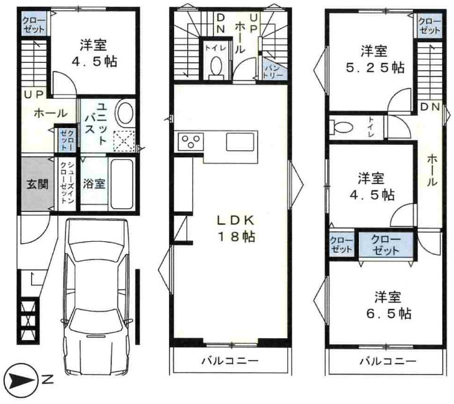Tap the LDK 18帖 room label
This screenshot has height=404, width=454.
coord(236,229)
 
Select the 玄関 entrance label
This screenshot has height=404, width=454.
coord(37,184)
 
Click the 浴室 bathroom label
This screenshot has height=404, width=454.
coord(94,183)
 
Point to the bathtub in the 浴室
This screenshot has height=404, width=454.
coord(122,184)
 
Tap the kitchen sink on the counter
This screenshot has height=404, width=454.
coord(240,142)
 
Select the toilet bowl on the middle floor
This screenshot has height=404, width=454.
coord(216,67)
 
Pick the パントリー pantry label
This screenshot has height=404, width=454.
coord(272,71)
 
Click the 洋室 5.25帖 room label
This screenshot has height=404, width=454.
coord(374,60)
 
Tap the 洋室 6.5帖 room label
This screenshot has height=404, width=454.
coord(388,305)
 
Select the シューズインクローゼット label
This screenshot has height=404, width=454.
coord(67,183)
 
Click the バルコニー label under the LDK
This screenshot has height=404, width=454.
coord(230,361)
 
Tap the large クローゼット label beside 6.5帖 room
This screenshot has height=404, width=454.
coord(386,244)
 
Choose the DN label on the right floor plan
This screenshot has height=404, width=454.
coord(430,107)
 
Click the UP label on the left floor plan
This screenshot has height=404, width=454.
coord(34,94)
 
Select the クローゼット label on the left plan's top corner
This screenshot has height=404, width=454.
coord(34,25)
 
